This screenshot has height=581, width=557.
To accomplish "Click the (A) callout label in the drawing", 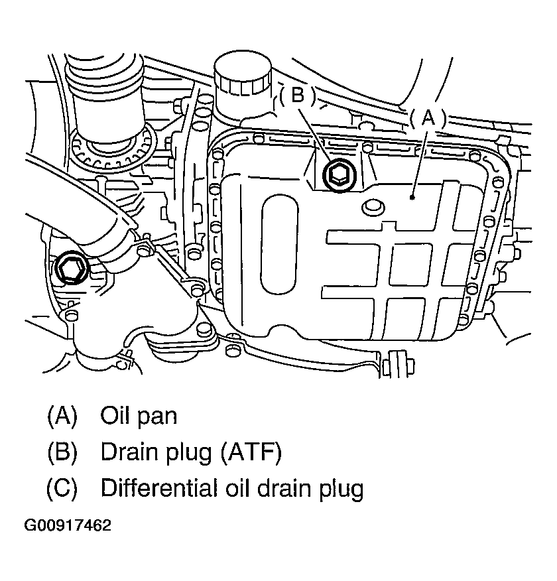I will click(x=428, y=118).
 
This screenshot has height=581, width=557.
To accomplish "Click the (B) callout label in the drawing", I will click(x=298, y=96).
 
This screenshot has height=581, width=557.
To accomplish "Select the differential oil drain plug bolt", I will click(x=70, y=268).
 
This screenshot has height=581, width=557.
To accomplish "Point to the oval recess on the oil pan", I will click(x=279, y=246).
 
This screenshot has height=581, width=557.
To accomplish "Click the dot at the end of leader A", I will click(x=412, y=197).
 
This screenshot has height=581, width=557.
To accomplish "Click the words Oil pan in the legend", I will click(x=139, y=416).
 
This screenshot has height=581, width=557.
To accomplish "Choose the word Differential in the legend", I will click(x=156, y=489).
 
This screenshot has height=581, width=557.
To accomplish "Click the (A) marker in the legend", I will click(x=62, y=416).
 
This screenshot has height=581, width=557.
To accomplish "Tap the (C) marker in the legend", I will click(x=62, y=489).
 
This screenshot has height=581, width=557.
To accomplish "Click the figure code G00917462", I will click(x=68, y=526).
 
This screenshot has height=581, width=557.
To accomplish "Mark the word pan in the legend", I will click(x=160, y=417).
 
